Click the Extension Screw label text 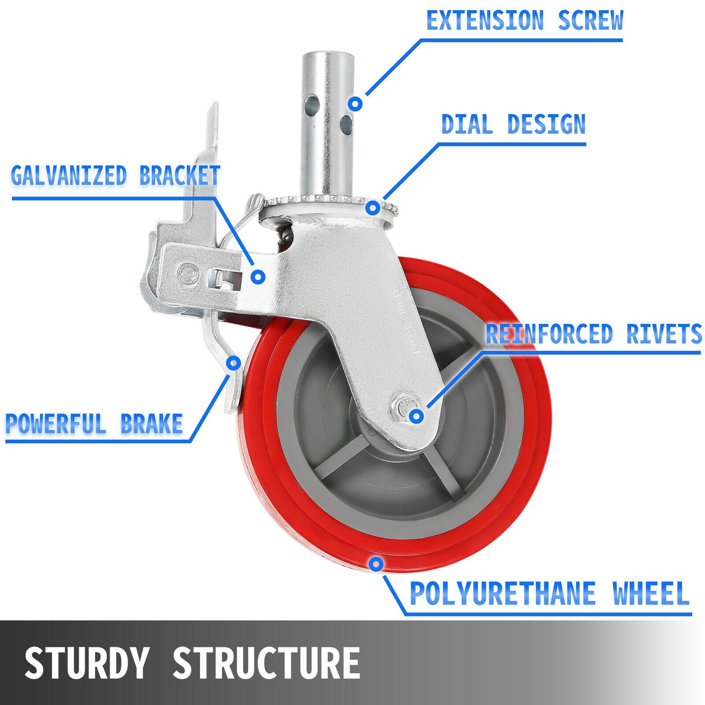click(524, 21)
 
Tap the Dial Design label click(513, 124)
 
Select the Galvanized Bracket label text click(115, 175)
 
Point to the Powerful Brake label click(94, 423)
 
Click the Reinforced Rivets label click(593, 334)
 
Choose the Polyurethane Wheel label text click(549, 594)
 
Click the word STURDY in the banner click(86, 663)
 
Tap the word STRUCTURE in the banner click(266, 663)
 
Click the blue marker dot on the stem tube click(355, 104)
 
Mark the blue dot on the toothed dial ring click(373, 207)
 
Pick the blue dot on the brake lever click(234, 363)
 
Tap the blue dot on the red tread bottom click(376, 564)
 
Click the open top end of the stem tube click(328, 55)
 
